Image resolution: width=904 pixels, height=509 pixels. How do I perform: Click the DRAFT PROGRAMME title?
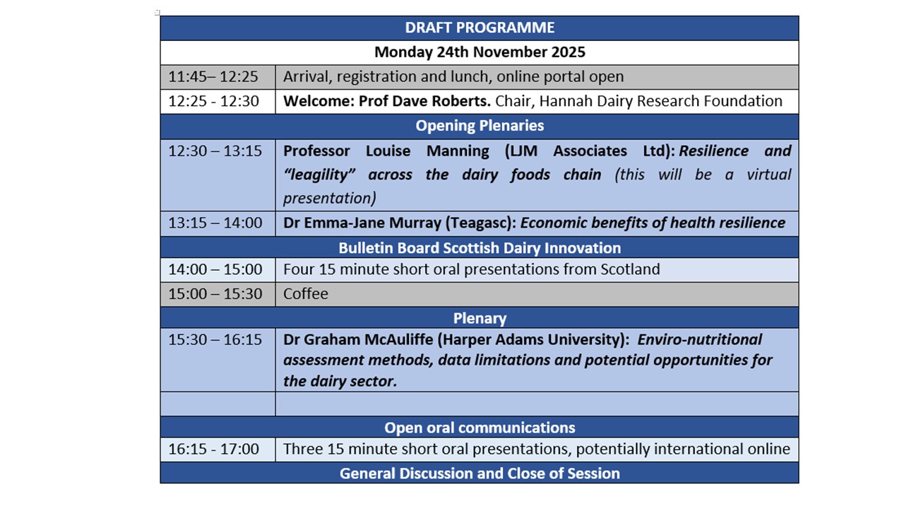(x=480, y=28)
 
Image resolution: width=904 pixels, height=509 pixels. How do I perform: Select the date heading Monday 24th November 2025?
(x=480, y=52)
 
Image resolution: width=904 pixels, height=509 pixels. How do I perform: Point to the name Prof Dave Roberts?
(x=424, y=101)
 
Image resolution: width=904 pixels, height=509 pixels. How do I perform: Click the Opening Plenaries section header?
(x=480, y=126)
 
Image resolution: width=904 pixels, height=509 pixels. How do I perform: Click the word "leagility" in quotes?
(x=319, y=175)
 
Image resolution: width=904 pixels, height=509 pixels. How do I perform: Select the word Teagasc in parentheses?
(x=479, y=223)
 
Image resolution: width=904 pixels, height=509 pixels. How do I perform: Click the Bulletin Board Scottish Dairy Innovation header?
(x=480, y=248)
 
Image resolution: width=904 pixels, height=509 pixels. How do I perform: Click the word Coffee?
(x=306, y=293)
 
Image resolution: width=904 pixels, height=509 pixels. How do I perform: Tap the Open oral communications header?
(x=480, y=428)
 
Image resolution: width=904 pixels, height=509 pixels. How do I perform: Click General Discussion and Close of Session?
(x=480, y=474)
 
